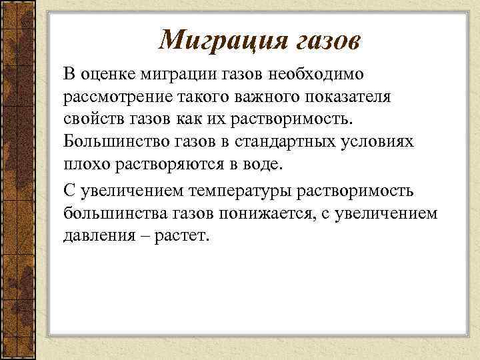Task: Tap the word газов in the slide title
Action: [325, 41]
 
